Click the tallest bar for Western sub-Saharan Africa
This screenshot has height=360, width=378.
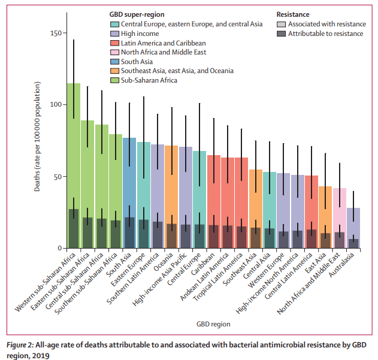tap(73, 150)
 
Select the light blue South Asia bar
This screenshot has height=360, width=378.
tap(129, 180)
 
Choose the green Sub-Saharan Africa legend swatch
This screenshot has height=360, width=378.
tap(114, 80)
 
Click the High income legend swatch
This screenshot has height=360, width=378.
tap(114, 34)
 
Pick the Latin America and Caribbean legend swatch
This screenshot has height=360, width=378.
tap(114, 43)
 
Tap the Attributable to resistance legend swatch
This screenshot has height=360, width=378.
tap(281, 34)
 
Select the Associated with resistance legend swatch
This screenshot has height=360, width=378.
tap(281, 24)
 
